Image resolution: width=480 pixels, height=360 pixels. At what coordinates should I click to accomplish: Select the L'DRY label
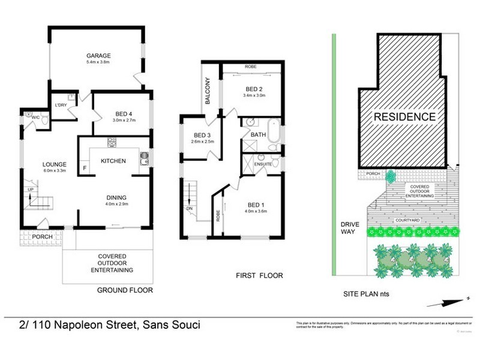click(x=60, y=106)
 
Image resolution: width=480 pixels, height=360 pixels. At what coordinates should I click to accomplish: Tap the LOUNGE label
click(x=53, y=164)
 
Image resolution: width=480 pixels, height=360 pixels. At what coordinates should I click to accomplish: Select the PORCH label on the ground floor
click(x=43, y=236)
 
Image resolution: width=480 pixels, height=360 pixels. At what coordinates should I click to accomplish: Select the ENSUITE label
click(x=264, y=163)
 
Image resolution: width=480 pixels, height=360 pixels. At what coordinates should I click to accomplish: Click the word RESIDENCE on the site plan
click(x=405, y=116)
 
